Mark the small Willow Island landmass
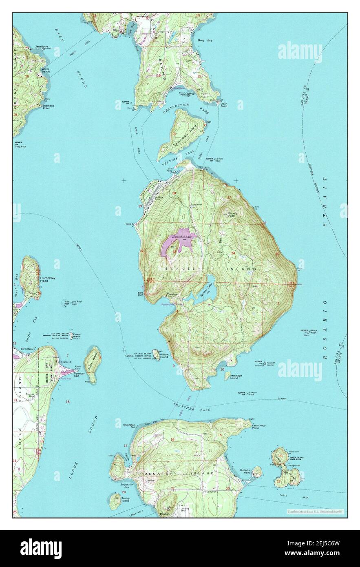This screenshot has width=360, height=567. [156, 354]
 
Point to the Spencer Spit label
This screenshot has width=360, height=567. [80, 374]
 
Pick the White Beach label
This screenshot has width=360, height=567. [45, 70]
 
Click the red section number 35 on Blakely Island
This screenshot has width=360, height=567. [277, 254]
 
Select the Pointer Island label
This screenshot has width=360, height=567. [270, 364]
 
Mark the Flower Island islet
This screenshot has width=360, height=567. [71, 335]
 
